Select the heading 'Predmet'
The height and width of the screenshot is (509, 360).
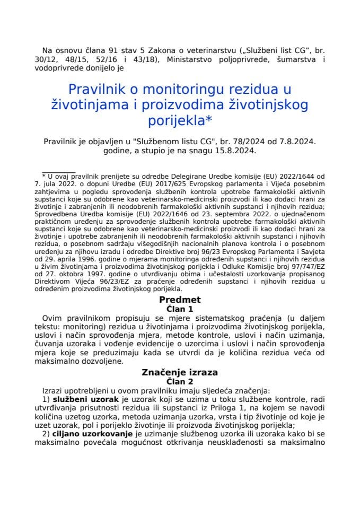click(x=180, y=300)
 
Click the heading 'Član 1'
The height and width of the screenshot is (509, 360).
click(x=180, y=308)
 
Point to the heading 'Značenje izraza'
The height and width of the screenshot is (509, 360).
click(x=180, y=373)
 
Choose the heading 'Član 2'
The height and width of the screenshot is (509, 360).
click(x=180, y=381)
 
